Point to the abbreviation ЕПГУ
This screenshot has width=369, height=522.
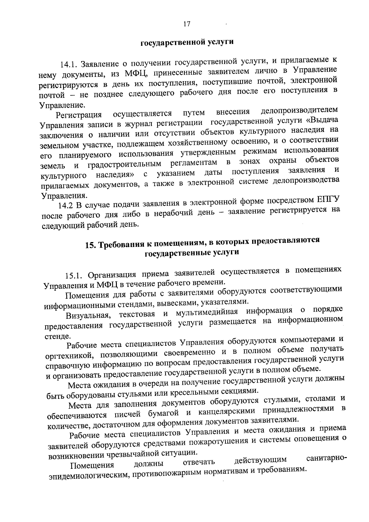[327, 199]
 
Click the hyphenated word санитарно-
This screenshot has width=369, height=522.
[327, 458]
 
